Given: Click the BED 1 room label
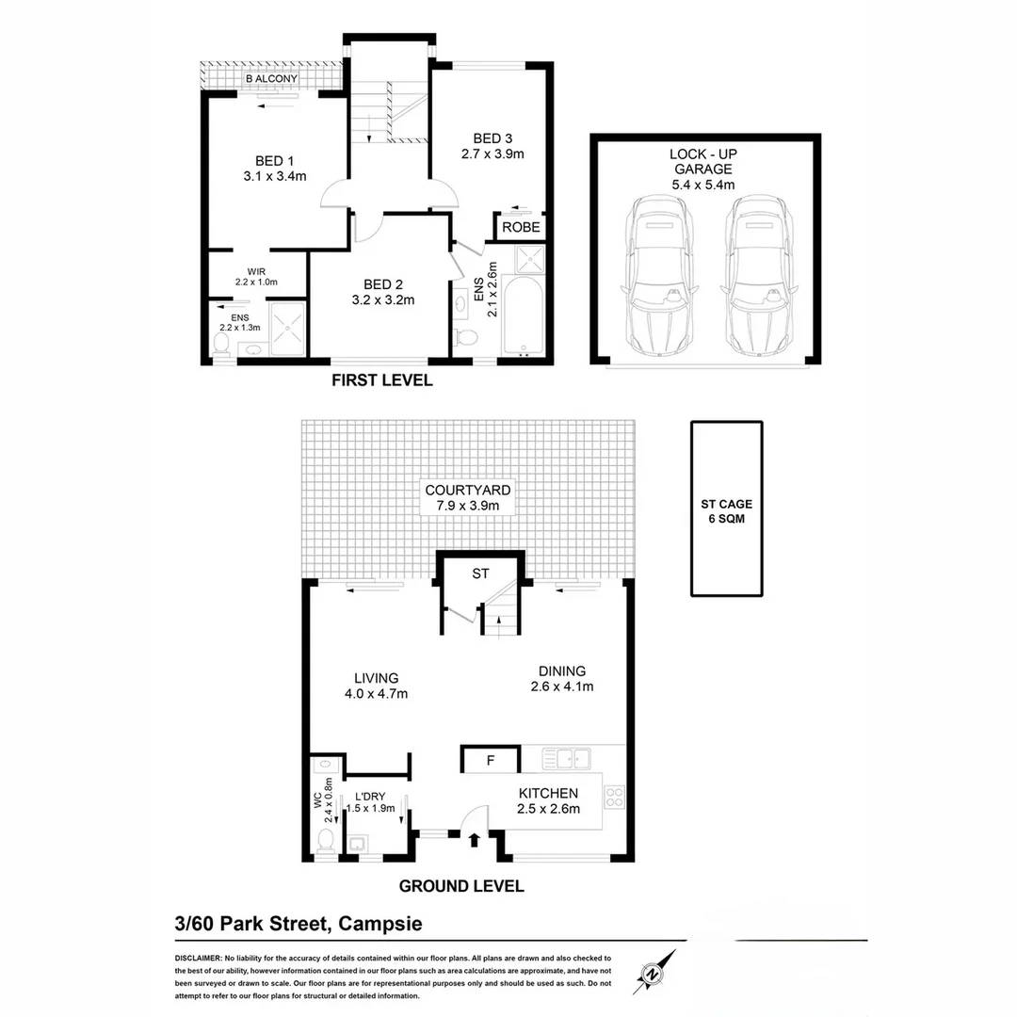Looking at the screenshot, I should [274, 160].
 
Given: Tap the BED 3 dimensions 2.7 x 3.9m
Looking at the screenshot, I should [492, 153].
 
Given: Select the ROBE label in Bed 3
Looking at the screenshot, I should [521, 227].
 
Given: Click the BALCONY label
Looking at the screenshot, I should [272, 79].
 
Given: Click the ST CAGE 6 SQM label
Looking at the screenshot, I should [726, 511].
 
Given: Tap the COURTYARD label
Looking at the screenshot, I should [468, 490].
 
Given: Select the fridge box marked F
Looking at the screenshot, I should [490, 759].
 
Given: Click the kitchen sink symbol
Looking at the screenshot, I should [565, 756].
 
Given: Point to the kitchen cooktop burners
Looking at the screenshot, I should [614, 798].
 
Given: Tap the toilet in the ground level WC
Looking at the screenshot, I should [326, 838].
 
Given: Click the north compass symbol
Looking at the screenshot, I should [657, 972].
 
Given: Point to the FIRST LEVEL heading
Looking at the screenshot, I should [381, 380].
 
